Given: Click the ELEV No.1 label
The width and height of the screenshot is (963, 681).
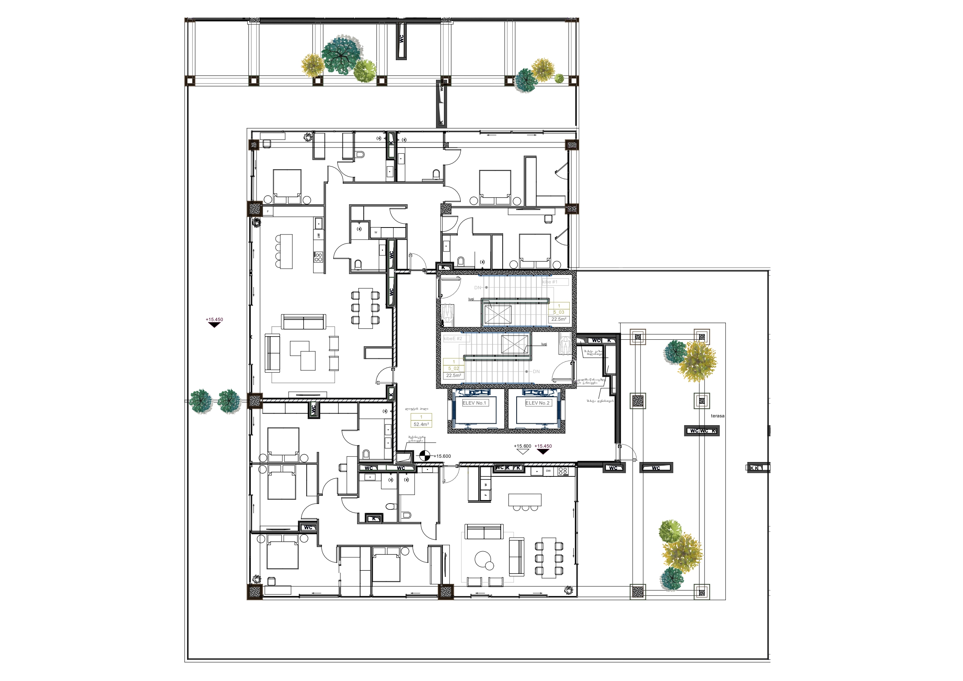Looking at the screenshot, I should (474, 403).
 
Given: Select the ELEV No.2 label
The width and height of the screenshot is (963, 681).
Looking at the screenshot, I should (537, 403).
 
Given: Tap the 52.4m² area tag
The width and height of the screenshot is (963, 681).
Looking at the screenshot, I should (421, 424).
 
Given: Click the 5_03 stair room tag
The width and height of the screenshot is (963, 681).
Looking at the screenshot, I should (559, 312).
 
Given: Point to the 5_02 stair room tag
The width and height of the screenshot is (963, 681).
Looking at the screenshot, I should (453, 368).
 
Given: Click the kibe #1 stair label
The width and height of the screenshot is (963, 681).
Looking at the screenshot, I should (550, 282).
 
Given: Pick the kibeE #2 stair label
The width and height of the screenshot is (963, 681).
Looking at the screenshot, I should (453, 338).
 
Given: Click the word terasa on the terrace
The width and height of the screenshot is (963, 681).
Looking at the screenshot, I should (718, 416).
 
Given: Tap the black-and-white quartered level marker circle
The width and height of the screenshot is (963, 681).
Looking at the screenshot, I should (425, 456).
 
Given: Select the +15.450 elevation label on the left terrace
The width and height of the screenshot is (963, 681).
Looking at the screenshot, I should (214, 319).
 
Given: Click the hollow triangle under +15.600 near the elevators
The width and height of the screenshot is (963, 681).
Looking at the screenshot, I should (522, 452).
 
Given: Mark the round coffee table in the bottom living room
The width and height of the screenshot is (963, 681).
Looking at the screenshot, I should (484, 560).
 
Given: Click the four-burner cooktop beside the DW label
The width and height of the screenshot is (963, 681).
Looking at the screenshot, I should (563, 471).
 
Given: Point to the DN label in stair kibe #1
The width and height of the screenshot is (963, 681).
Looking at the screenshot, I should (478, 287).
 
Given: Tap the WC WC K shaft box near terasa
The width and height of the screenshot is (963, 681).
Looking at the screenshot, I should (702, 431).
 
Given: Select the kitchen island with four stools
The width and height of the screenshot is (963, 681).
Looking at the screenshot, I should (286, 251).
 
